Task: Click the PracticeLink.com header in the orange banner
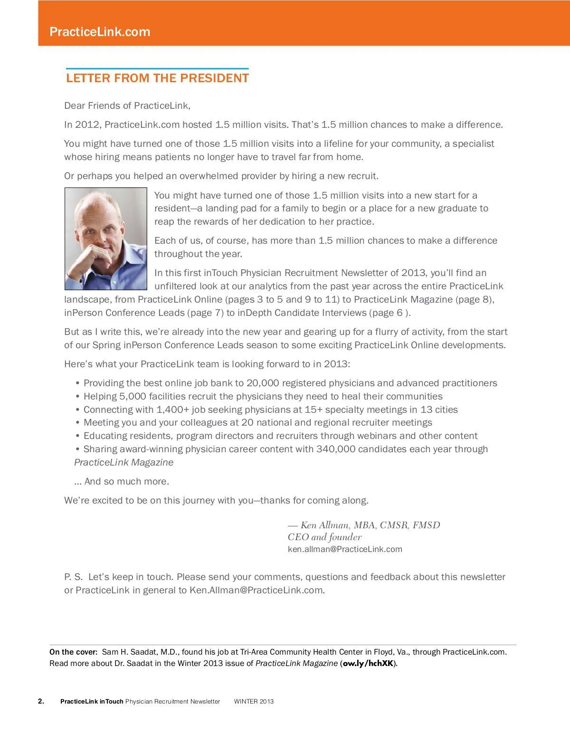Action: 100,32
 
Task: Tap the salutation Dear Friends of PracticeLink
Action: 127,105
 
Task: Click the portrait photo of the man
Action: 106,238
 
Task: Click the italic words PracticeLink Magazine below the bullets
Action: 123,462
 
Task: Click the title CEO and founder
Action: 324,537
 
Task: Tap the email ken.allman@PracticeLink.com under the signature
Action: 345,549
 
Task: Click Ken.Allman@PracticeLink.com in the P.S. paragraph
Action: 256,590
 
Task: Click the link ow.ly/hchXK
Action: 368,663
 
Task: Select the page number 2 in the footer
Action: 41,701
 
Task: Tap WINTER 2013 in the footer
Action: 254,701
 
